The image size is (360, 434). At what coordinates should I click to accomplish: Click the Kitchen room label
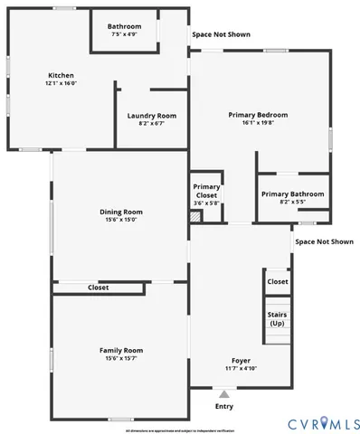pos(61,75)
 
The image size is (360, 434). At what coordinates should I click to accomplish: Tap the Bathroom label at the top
pos(124,26)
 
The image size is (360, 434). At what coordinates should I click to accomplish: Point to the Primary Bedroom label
pos(258,115)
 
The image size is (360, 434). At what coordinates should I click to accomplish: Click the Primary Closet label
pos(205,190)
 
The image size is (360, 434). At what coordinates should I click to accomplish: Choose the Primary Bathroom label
pos(292,194)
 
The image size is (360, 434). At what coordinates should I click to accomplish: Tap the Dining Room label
pos(120,212)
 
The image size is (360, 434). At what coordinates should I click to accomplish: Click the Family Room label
pos(120,350)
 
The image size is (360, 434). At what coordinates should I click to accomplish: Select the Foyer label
pos(241,360)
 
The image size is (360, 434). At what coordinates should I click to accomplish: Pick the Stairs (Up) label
pos(277,318)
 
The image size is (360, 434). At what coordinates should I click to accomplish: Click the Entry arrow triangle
pos(224,394)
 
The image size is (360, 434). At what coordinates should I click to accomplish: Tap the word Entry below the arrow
pos(224,406)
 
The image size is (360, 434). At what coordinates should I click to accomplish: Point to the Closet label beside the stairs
pos(277,281)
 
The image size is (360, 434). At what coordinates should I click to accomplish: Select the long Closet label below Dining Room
pos(98,288)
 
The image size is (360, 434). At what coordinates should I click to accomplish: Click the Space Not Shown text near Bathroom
pos(221,34)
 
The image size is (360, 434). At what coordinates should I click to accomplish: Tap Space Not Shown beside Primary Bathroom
pos(324,241)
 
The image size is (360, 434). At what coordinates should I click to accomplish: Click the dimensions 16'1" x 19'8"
pos(258,124)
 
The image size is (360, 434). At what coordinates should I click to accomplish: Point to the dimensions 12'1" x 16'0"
pos(61,84)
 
